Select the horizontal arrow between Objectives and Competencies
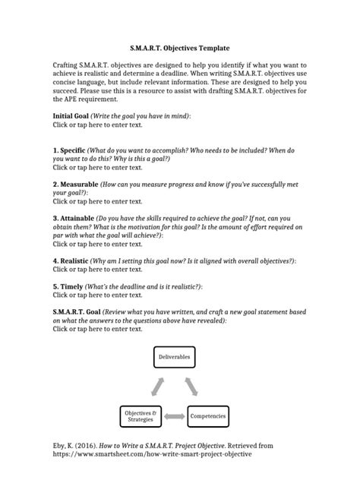176,416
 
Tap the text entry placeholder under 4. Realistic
97,270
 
